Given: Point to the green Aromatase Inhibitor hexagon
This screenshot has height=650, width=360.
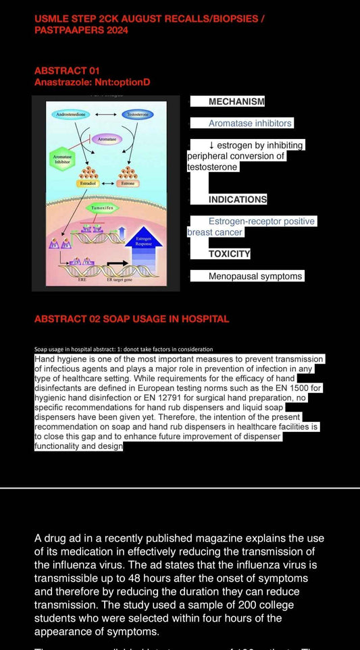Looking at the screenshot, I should coord(61,158).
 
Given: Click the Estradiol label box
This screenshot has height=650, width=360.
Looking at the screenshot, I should coord(88,183).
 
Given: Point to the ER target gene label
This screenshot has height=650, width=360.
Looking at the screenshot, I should coord(119,279).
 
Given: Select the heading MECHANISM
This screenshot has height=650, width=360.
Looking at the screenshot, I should coord(236,101).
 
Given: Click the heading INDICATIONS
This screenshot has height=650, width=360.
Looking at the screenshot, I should coord(237,199).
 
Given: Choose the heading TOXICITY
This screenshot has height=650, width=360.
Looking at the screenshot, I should coord(229,254).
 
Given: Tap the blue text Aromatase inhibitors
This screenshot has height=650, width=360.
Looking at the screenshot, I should coord(250,124).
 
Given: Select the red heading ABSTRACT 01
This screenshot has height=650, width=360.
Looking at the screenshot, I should coord(61,71).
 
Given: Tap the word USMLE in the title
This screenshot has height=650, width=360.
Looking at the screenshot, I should coord(51,19).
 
